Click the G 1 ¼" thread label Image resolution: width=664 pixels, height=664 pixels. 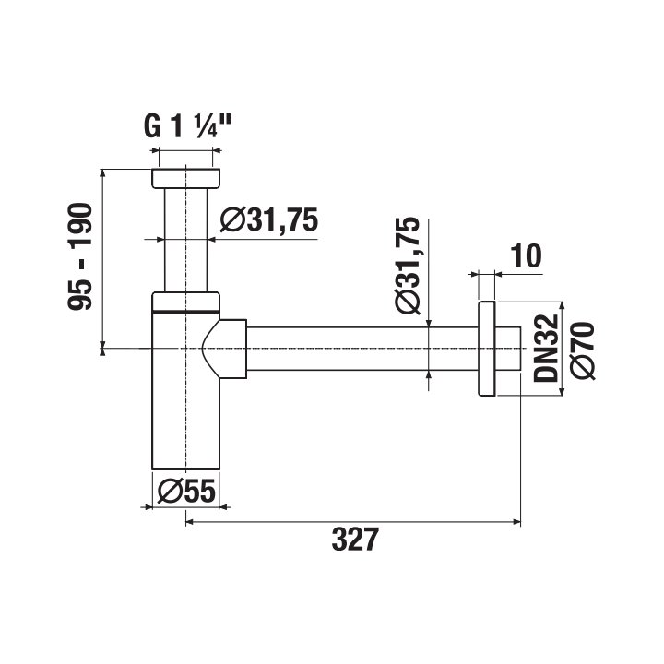point(187,125)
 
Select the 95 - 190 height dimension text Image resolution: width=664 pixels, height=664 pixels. point(79,256)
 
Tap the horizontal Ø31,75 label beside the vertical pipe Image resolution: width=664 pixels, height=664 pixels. point(269,219)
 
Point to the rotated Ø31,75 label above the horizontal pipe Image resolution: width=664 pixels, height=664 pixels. point(408,265)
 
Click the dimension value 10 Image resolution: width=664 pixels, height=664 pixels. point(526,255)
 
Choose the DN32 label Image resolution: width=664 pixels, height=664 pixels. point(546,348)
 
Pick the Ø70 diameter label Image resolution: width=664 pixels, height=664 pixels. point(583,350)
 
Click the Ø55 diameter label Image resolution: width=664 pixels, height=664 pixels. point(186,492)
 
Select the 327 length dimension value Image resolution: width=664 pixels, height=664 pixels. point(355,539)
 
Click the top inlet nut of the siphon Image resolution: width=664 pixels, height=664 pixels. point(186,178)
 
